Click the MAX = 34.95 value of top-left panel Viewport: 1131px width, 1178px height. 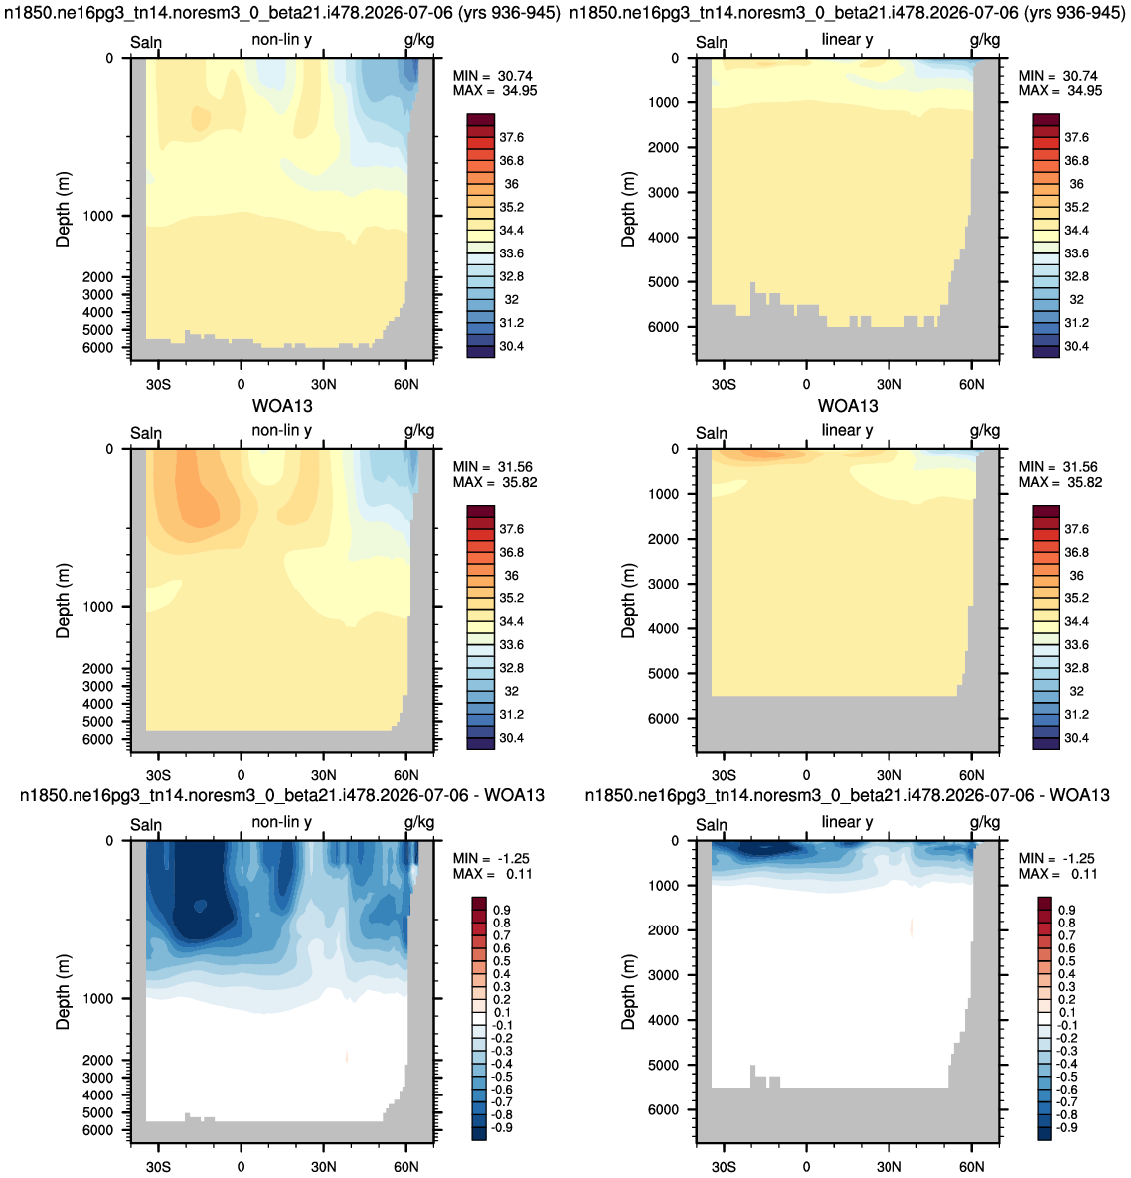point(495,91)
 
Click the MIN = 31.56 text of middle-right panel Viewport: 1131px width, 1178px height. point(1058,467)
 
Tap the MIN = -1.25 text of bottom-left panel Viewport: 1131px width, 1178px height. point(493,859)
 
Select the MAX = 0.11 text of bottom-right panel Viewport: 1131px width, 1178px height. point(1058,875)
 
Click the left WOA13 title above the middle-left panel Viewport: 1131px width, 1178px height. point(282,406)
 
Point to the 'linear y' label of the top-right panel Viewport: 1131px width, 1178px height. point(847,39)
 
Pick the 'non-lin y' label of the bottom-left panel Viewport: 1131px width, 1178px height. point(281,822)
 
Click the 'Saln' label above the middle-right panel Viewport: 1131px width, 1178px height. point(712,433)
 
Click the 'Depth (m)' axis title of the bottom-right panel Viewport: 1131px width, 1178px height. point(628,992)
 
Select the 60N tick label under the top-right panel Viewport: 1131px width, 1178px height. point(971,384)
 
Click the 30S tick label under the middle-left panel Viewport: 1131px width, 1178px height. point(158,775)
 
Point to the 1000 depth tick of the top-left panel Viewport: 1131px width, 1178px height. point(98,217)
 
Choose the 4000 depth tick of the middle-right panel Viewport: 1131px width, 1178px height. point(664,629)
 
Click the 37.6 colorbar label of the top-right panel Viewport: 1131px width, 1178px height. point(1076,137)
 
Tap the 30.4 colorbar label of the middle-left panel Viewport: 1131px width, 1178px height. point(512,738)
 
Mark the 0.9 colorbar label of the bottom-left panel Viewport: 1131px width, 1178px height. point(502,911)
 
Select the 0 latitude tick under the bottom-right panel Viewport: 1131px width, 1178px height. point(807,1167)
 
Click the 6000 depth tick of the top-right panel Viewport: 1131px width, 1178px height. point(664,328)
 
